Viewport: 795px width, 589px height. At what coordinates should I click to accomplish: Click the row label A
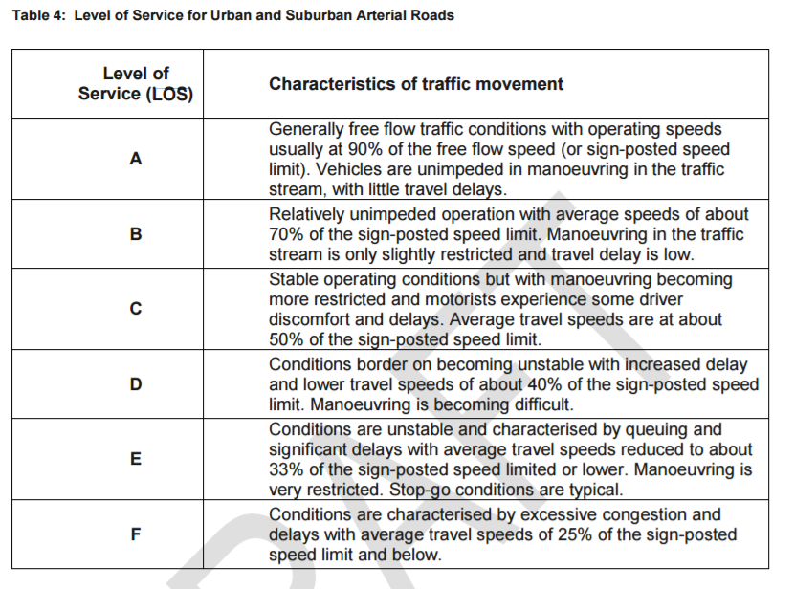tap(136, 160)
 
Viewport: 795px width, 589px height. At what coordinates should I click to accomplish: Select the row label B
tap(136, 233)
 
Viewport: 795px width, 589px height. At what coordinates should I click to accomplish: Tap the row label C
tap(136, 308)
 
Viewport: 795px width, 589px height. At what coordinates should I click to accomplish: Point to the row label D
tap(136, 383)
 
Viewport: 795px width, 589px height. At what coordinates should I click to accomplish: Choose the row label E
tap(136, 459)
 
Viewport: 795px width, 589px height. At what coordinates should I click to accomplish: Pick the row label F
tap(136, 534)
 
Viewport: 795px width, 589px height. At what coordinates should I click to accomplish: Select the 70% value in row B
tap(286, 234)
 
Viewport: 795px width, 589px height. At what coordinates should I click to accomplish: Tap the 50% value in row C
tap(286, 338)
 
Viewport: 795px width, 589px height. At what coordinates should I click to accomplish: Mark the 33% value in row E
tap(286, 470)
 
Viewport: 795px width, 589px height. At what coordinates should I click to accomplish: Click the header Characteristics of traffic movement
tap(416, 84)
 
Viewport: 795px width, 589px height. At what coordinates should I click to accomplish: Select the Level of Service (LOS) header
tap(136, 84)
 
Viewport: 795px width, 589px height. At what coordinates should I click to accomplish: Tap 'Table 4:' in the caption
tap(37, 15)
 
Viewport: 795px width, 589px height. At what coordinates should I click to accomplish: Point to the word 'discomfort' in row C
tap(312, 318)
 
